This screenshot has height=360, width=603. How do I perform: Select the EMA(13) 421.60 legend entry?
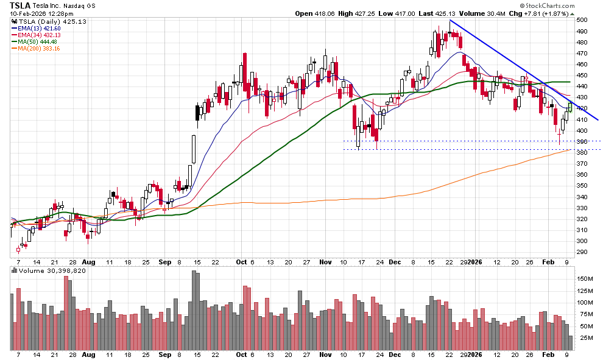37,28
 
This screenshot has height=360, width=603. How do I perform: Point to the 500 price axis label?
582,20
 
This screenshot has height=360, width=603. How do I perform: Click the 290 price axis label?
582,252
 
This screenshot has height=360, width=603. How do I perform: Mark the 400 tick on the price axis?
582,130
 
